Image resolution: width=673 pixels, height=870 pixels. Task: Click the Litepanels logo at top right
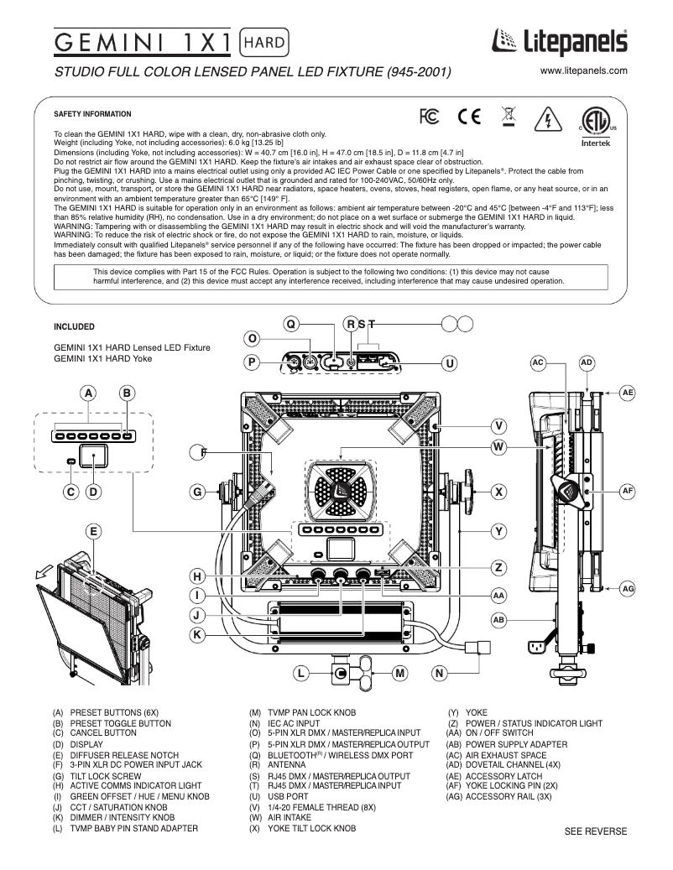(557, 41)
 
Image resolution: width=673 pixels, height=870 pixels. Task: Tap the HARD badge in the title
(265, 40)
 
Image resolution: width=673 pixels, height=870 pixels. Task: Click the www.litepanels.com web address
(584, 71)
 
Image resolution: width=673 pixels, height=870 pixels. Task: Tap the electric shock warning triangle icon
(548, 119)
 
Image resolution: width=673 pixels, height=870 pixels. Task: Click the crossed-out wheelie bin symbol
(508, 119)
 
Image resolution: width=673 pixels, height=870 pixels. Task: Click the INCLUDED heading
(74, 326)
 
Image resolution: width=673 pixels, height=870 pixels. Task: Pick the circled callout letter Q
(290, 323)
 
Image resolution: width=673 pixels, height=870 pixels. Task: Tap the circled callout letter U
(450, 362)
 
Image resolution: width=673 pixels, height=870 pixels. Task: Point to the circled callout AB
(500, 619)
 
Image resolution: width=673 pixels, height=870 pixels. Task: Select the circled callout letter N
(441, 673)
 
